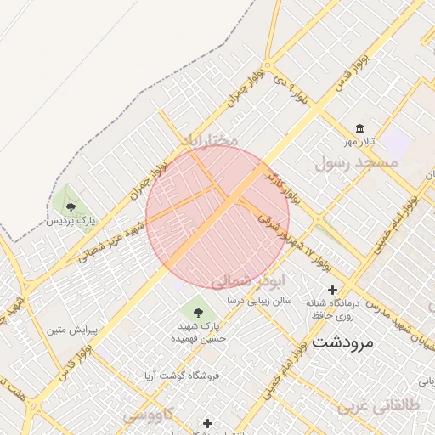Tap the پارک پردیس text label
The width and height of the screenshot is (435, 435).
[x=71, y=220]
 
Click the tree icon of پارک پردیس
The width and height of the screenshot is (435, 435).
[x=71, y=206]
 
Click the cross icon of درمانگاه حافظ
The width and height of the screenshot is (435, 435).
[x=332, y=290]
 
